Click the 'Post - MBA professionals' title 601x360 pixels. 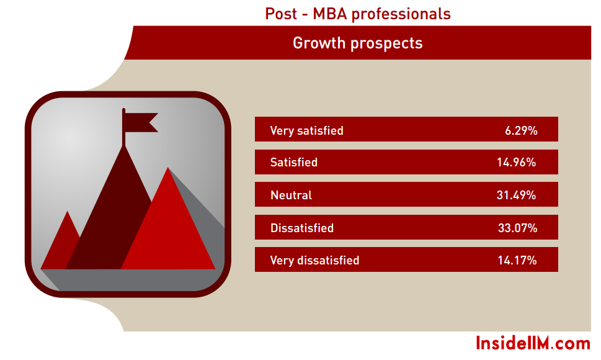(x=358, y=14)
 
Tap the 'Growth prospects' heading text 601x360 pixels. (x=358, y=43)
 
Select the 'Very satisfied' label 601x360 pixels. (x=306, y=131)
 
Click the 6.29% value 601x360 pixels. (x=521, y=131)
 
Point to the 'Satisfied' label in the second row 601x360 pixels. (x=293, y=162)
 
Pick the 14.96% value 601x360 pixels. (x=516, y=162)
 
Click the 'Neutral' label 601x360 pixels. (x=291, y=195)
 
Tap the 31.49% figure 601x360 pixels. (x=516, y=195)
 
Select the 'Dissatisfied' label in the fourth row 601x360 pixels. (x=302, y=228)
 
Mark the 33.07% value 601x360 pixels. (x=517, y=228)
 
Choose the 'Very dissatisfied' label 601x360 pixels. (x=314, y=260)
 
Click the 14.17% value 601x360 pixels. (x=517, y=260)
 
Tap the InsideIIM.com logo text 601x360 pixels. (x=533, y=343)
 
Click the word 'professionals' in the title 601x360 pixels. (x=401, y=14)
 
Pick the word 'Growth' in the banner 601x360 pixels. (x=319, y=43)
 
